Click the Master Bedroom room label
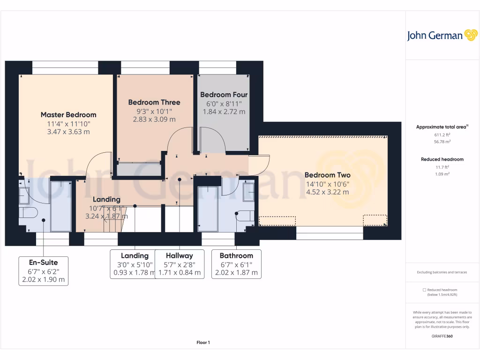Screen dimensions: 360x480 click(68, 115)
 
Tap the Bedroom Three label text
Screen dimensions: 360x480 click(154, 102)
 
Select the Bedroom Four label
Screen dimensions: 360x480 click(224, 95)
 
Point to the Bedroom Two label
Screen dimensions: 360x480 click(327, 175)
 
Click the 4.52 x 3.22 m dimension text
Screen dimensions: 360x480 click(327, 192)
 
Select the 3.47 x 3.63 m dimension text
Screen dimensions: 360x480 click(68, 132)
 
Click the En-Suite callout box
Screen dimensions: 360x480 click(43, 271)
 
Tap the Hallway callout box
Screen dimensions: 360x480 click(180, 264)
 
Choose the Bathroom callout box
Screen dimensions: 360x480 click(236, 264)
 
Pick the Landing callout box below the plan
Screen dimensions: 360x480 click(135, 264)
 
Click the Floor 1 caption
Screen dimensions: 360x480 click(203, 343)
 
